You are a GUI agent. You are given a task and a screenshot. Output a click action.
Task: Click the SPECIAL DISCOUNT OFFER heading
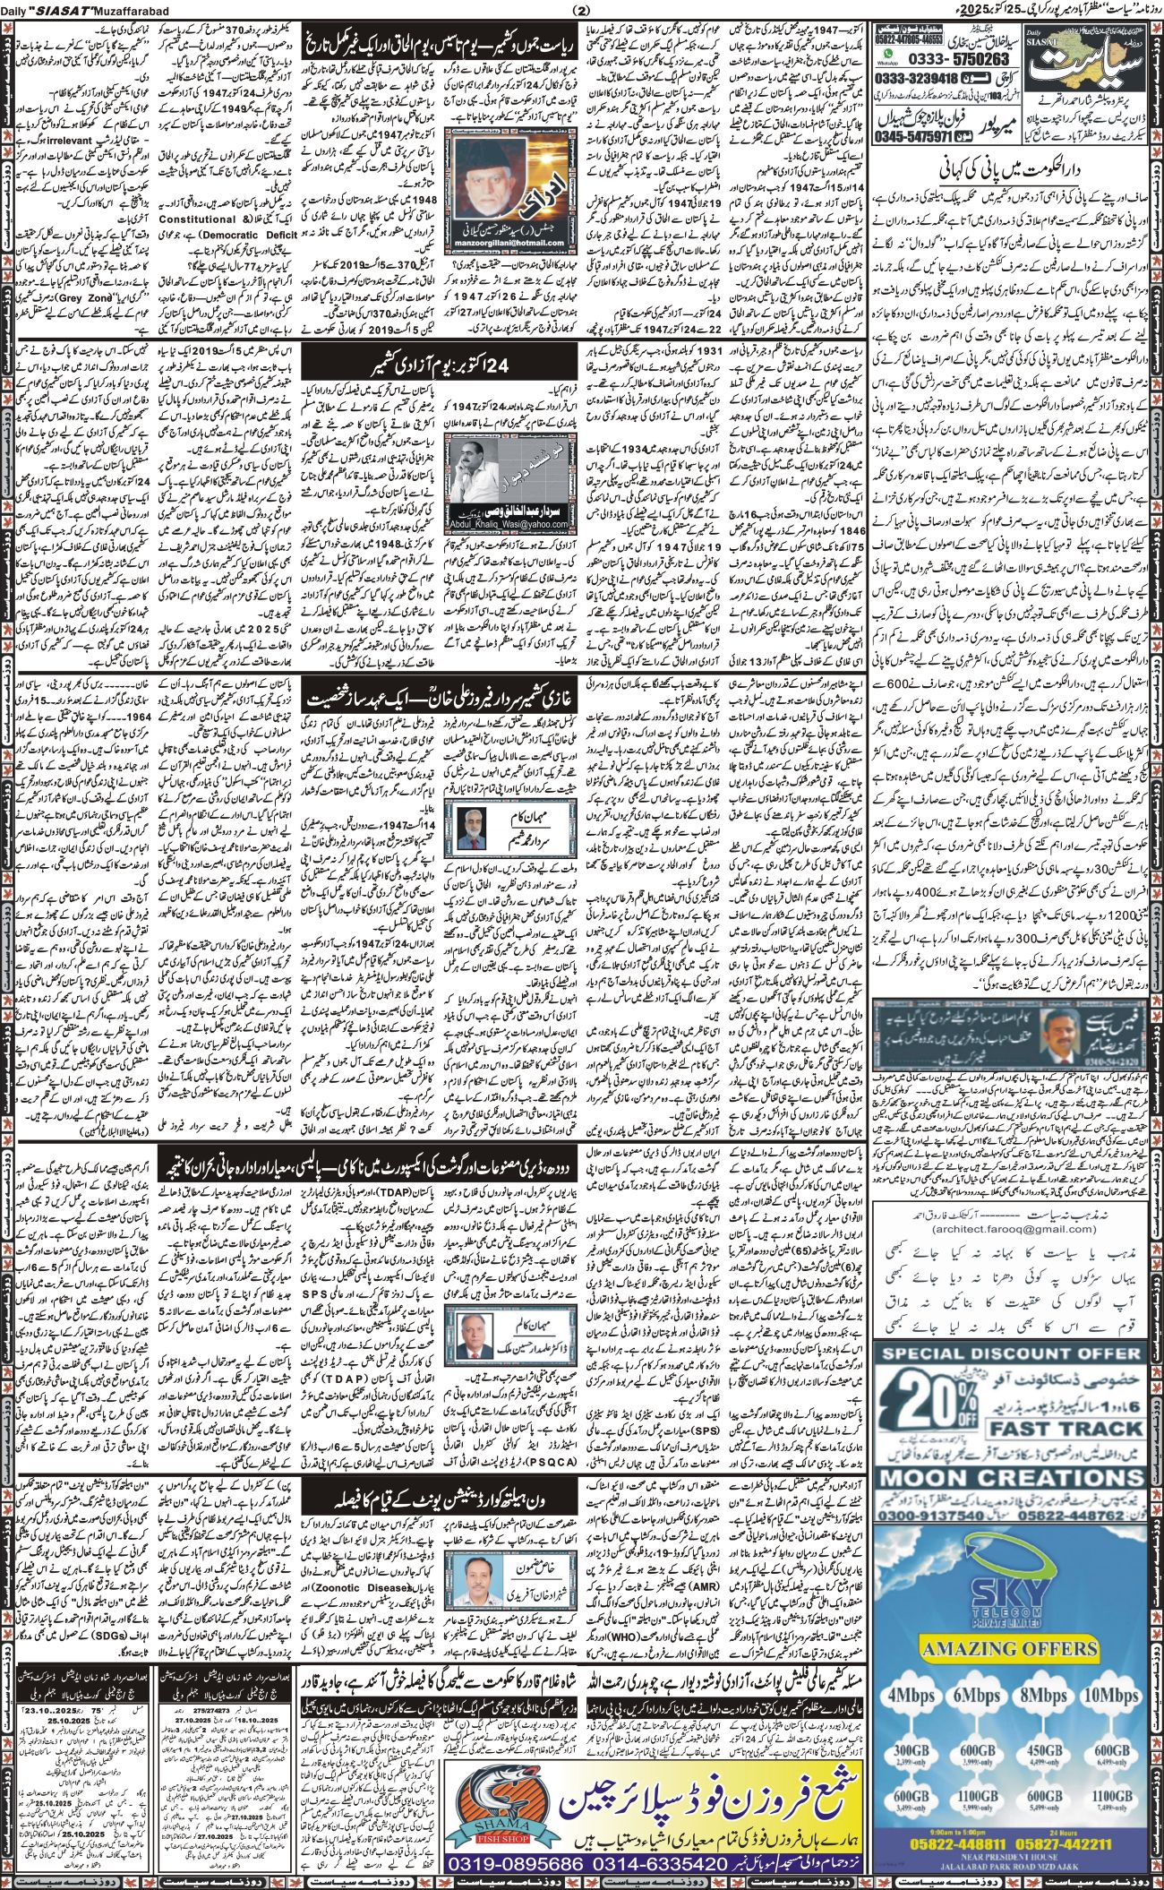1014,1302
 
